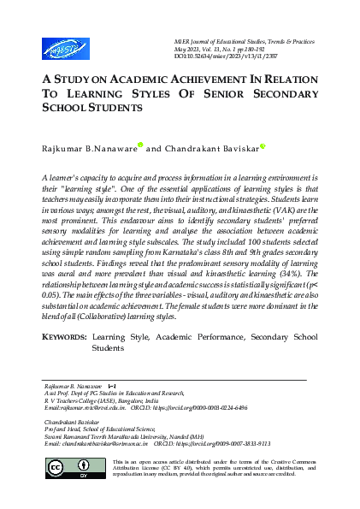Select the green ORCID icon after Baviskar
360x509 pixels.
pos(263,146)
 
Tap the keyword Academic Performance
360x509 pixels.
pos(196,363)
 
